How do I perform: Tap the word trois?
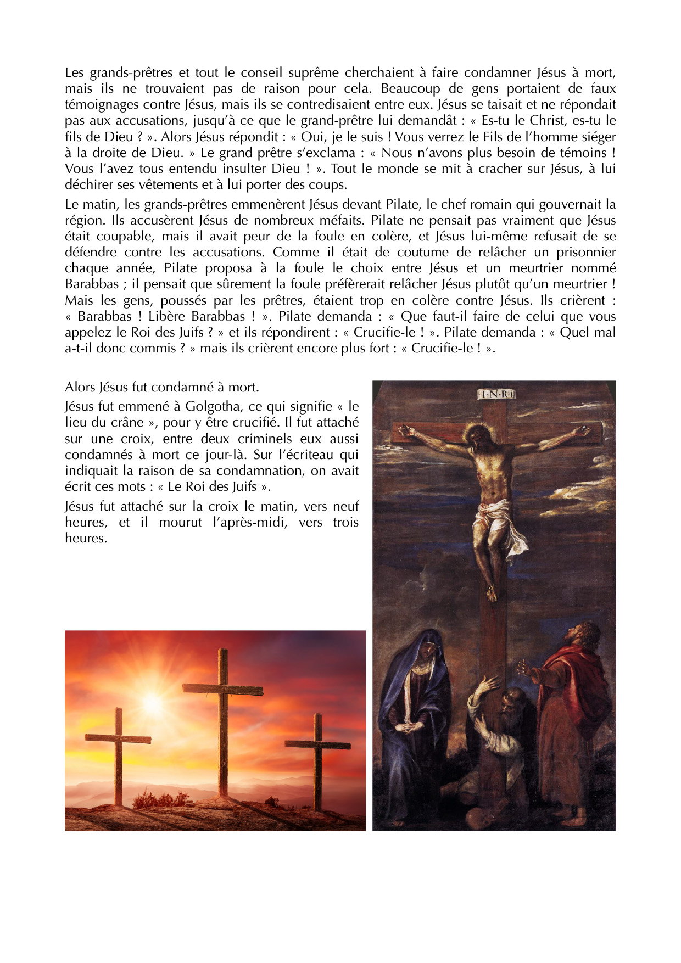click(345, 522)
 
